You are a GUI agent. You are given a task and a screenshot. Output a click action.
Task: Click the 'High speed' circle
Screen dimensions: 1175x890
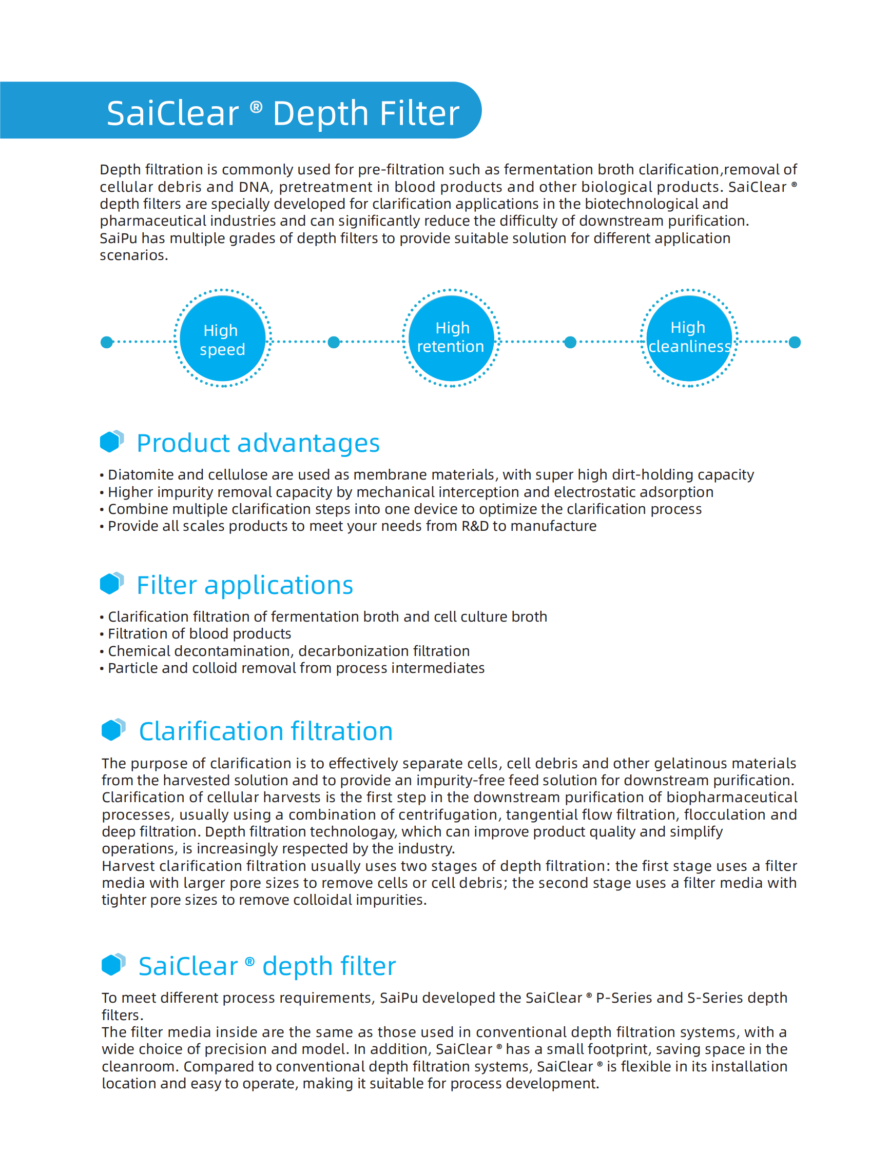pos(223,339)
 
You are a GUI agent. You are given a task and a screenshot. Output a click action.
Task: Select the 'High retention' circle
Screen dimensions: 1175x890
pos(451,338)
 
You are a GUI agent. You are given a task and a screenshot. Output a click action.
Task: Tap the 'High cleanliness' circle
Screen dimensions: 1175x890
pos(689,338)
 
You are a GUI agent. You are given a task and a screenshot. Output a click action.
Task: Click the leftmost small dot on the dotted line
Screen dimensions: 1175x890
pos(107,342)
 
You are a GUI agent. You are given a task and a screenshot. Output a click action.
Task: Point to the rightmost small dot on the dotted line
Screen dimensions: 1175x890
pos(795,342)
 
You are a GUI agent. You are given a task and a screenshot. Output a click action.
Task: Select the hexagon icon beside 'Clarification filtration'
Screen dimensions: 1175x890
pos(113,729)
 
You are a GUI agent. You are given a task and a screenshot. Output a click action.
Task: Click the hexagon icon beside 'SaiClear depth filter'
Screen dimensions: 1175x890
pos(113,964)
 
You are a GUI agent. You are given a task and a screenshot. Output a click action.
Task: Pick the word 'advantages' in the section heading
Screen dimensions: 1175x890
pos(308,443)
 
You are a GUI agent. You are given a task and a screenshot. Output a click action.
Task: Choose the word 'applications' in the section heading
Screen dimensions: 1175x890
pos(279,585)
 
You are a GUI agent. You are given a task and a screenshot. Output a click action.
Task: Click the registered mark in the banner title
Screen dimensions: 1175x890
pos(256,107)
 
